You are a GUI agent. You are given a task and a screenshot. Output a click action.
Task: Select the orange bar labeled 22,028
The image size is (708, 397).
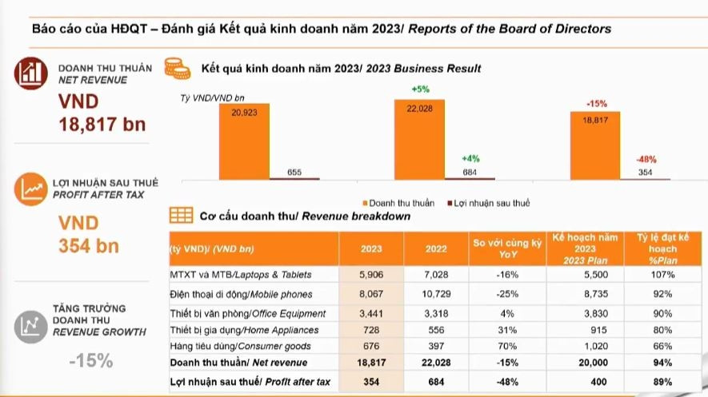pyautogui.click(x=419, y=140)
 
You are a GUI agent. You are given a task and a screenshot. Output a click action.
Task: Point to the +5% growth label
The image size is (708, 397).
pyautogui.click(x=420, y=89)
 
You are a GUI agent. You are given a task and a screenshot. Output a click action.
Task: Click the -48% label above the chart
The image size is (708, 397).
pyautogui.click(x=646, y=159)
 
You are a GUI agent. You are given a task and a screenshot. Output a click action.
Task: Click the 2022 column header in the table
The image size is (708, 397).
pyautogui.click(x=436, y=248)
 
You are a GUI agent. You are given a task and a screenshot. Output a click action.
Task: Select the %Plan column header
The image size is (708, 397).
pyautogui.click(x=662, y=248)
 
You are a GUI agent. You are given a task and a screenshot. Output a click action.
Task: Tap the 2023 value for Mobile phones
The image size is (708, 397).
pyautogui.click(x=370, y=293)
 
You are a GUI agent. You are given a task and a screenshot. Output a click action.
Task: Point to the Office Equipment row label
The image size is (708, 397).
pyautogui.click(x=248, y=313)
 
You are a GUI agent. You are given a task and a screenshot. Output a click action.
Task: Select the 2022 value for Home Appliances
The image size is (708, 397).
pyautogui.click(x=436, y=330)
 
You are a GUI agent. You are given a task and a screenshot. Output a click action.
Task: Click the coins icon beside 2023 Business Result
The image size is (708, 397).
pyautogui.click(x=178, y=68)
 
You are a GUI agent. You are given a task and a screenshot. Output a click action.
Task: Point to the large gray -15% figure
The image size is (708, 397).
pyautogui.click(x=90, y=360)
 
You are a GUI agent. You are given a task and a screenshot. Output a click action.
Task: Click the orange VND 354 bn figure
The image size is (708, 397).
pyautogui.click(x=88, y=234)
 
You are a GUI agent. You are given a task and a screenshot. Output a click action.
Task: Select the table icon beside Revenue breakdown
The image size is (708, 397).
pyautogui.click(x=181, y=216)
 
